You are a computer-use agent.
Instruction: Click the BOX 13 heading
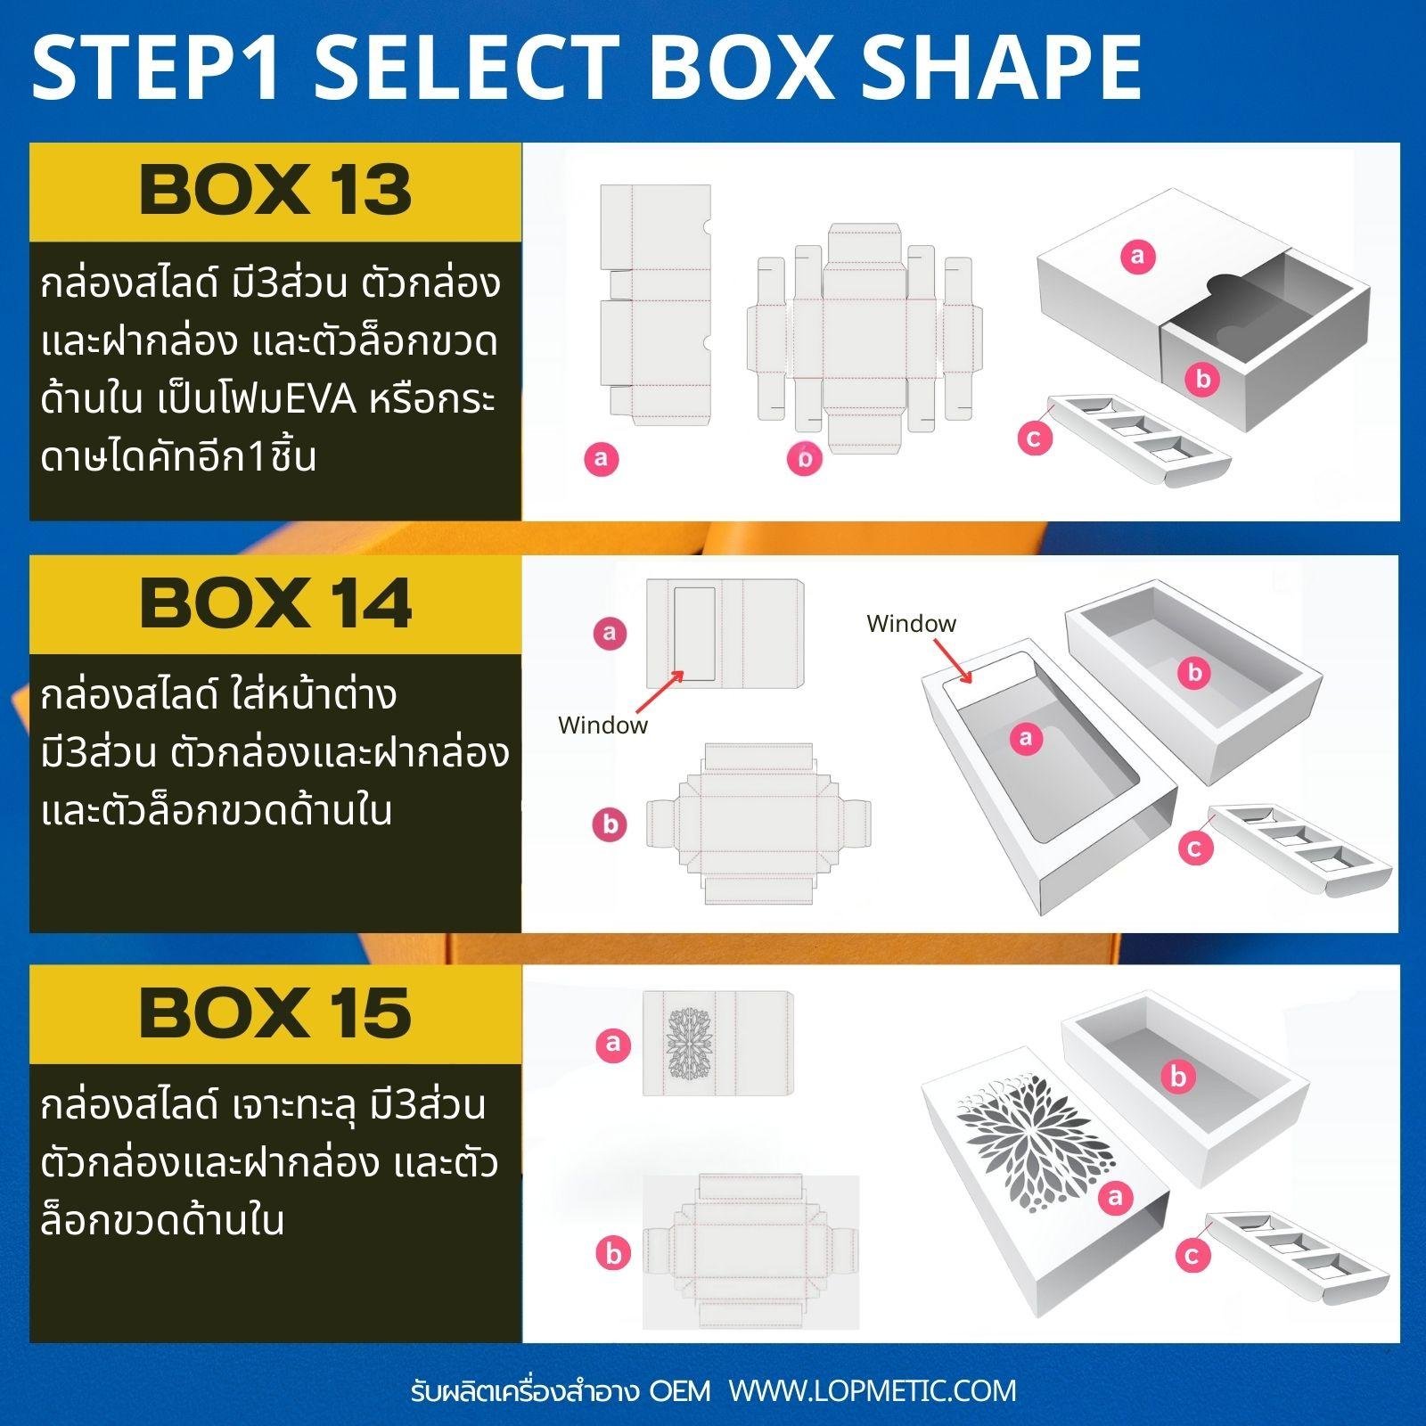pos(276,190)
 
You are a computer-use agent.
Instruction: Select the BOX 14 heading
pos(276,603)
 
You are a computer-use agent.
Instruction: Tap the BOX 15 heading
pos(276,1013)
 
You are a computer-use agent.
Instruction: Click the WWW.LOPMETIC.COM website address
pos(873,1391)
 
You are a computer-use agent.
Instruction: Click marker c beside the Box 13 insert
pos(1034,438)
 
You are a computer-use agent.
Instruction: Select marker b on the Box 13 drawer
pos(1202,379)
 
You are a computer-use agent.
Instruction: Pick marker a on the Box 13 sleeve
pos(1137,257)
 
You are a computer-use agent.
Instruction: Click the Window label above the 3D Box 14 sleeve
pos(911,623)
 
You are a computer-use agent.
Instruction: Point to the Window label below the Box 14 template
pos(602,725)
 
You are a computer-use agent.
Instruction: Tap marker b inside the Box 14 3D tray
pos(1195,673)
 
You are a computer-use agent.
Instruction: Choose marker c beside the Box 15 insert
pos(1192,1256)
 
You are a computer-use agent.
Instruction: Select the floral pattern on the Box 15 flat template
pos(687,1044)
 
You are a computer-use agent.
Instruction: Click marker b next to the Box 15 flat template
pos(613,1253)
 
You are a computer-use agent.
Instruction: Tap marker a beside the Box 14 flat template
pos(610,633)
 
